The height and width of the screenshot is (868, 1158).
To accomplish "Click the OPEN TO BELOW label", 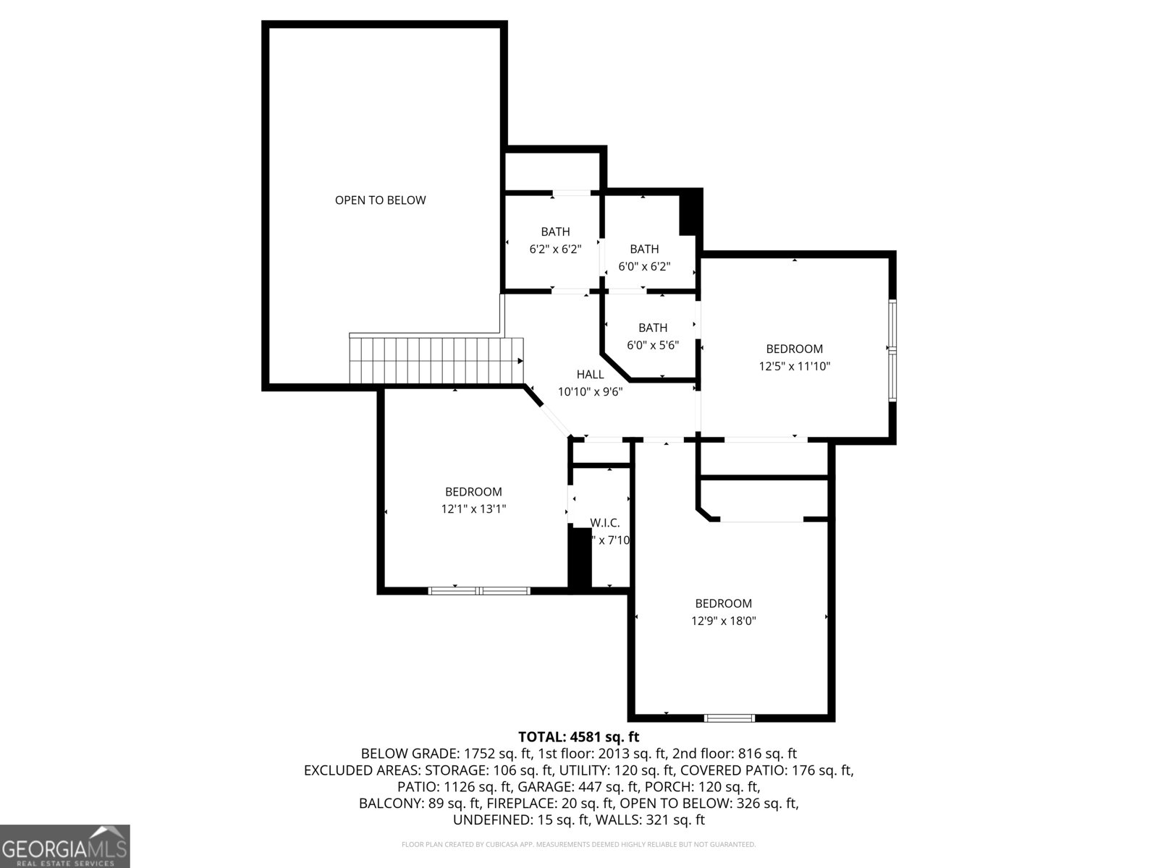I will pos(380,200).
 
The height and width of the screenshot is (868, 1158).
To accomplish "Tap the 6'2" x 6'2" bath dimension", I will pos(555,250).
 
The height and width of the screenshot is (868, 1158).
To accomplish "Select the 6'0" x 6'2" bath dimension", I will pos(644,266).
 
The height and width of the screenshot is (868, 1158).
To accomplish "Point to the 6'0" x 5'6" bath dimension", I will pos(652,345).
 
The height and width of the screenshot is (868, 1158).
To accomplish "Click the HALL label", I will pos(590,374).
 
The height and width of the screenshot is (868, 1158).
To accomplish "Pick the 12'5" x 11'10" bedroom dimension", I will pos(794,366).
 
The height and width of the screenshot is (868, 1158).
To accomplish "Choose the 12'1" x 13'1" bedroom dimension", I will pos(473,509).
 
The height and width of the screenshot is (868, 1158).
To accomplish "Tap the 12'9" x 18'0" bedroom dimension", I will pos(724,621).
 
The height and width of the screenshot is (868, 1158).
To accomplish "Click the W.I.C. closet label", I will pos(604,522).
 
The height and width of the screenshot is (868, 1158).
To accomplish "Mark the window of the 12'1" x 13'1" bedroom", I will pos(479,591).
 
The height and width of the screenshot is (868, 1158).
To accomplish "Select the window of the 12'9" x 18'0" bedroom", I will pos(730,718).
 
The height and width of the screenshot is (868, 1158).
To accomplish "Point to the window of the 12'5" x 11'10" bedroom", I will pos(892,351).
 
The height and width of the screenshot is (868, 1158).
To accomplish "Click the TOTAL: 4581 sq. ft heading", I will pos(578,737).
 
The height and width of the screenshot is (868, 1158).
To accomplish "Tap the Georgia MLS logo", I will pos(65,846).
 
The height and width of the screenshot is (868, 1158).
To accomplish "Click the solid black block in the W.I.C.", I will pos(580,557).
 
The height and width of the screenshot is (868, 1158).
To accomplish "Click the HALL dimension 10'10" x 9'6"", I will pos(590,392).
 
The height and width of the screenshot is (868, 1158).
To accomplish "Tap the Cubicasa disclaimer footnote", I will pos(578,844).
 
